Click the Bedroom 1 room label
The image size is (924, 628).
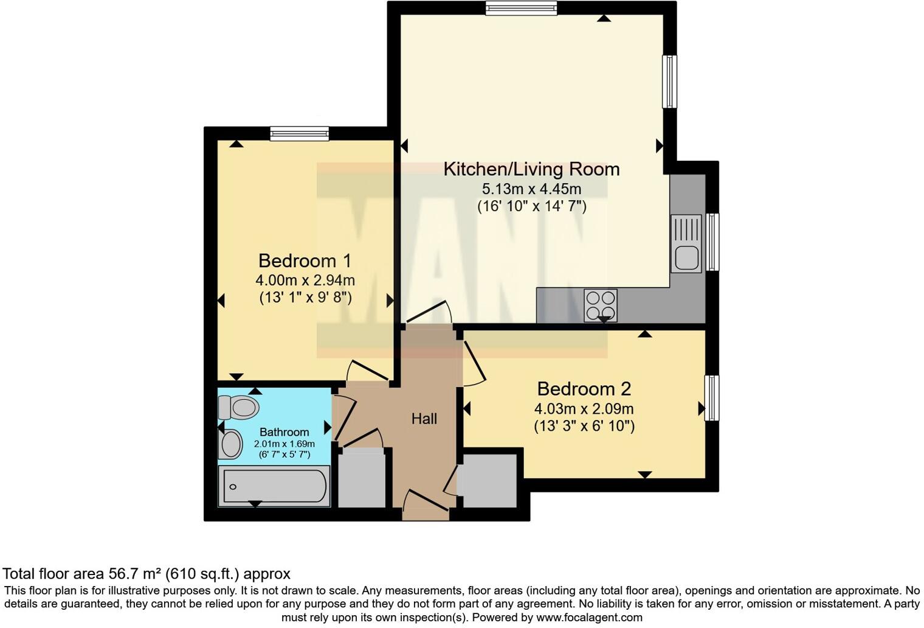tap(305, 260)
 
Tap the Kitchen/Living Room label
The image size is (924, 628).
tap(531, 169)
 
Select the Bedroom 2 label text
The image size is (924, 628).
tap(584, 388)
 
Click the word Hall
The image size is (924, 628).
tap(424, 419)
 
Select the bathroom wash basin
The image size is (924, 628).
tap(230, 444)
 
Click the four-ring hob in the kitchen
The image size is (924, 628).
tap(600, 305)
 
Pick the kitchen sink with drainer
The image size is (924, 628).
tap(686, 243)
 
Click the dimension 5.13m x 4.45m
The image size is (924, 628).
tap(531, 189)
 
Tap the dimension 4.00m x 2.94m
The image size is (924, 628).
tap(305, 281)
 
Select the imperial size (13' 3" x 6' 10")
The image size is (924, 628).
tap(584, 426)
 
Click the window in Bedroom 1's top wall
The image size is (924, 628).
tap(299, 133)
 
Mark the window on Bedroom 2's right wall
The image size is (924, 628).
tap(712, 398)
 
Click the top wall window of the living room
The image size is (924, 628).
tap(521, 8)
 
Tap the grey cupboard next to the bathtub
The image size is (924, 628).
tap(361, 478)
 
